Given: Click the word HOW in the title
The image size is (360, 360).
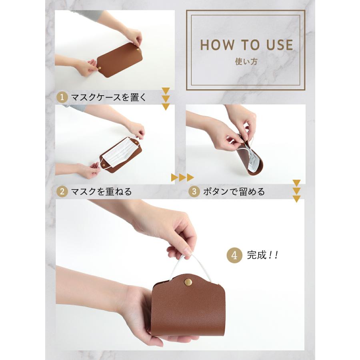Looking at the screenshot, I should pos(216,45).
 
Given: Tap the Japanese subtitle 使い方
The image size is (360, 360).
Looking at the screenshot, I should pos(245,62).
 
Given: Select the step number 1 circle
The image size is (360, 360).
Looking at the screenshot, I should pos(62,97).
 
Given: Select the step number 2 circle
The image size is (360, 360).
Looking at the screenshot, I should pos(62,192).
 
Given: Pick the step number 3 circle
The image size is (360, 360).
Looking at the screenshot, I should pos(194,192).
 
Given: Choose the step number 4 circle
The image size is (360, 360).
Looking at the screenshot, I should pos(234,256).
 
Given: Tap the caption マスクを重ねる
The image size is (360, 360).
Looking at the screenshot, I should pos(101,192).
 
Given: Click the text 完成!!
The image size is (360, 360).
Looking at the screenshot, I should pos(262,256).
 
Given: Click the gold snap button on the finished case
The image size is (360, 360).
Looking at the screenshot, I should pos(188,282).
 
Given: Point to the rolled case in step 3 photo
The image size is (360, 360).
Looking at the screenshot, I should pos(248,160).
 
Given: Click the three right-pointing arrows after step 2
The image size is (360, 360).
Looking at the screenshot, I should pos(182,177).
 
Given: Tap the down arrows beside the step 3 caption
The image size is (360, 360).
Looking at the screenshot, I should pos(296,191).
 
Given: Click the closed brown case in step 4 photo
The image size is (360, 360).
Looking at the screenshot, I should pos(188,308).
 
